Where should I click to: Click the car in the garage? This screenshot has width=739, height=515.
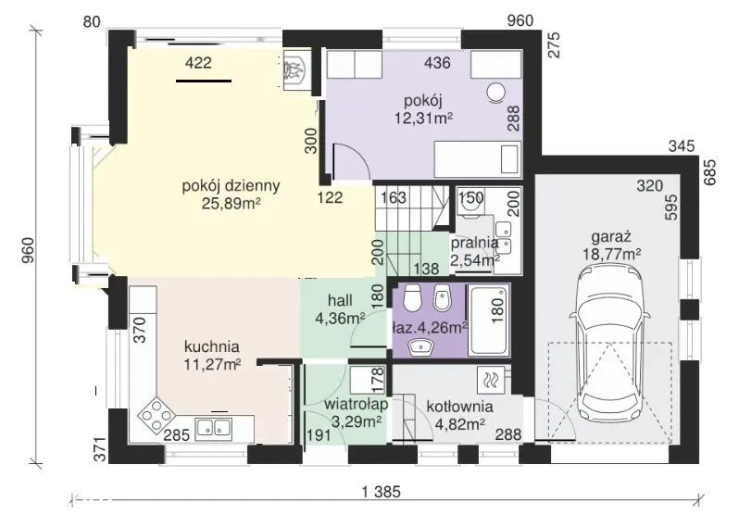(609, 346)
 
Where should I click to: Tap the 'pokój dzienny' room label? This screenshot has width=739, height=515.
(231, 186)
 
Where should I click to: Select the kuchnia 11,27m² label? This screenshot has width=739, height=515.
(212, 355)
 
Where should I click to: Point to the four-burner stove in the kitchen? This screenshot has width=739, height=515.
(156, 415)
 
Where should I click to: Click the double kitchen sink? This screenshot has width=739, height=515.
(214, 427)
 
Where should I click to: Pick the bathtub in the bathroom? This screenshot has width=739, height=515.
(488, 320)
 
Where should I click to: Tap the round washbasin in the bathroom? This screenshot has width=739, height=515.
(420, 348)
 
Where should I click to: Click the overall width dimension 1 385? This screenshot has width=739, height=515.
(381, 492)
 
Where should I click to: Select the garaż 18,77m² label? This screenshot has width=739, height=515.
(612, 245)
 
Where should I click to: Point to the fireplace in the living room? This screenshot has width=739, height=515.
(296, 69)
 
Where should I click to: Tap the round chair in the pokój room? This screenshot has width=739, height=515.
(495, 93)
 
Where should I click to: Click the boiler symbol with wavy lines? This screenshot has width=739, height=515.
(491, 380)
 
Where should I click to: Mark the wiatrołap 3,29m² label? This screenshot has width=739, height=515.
(357, 413)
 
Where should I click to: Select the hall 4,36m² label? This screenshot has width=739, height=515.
(340, 309)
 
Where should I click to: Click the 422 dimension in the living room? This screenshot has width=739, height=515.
(198, 62)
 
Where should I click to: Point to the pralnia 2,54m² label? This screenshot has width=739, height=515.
(474, 251)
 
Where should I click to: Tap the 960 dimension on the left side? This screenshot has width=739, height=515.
(28, 250)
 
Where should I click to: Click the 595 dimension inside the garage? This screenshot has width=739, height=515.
(670, 207)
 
